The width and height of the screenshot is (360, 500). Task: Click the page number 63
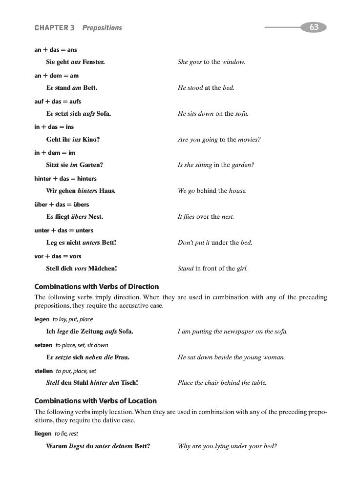tap(314, 27)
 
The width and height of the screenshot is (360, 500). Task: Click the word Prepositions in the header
tap(102, 28)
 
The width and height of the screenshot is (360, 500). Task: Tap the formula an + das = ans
tap(56, 50)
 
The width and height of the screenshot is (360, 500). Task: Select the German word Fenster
tap(94, 62)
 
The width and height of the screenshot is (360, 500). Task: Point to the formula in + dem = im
tap(55, 153)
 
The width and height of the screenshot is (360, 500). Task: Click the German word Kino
tap(90, 140)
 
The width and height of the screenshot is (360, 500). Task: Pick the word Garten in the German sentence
tap(91, 165)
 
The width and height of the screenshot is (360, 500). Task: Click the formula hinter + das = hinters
tap(65, 179)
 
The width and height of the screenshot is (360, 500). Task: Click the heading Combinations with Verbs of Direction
tap(96, 287)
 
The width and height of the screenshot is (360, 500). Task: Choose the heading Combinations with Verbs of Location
tap(95, 401)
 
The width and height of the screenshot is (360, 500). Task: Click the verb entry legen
tap(42, 319)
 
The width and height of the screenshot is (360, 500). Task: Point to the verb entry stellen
tap(43, 371)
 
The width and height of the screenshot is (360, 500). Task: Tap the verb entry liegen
tap(43, 434)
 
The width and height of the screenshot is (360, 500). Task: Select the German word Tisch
tap(129, 383)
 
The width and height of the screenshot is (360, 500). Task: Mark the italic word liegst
tap(77, 446)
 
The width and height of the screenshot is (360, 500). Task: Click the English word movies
tap(249, 140)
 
